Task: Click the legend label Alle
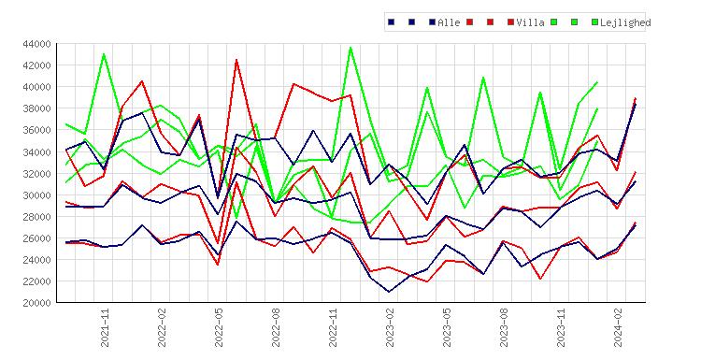(449, 22)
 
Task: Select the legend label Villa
(530, 22)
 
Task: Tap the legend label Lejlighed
(625, 22)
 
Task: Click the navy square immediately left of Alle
(432, 22)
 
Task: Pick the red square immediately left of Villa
(510, 22)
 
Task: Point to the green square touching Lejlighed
(594, 22)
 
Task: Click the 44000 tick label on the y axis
(36, 44)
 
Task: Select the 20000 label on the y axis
(36, 303)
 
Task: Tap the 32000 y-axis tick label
(36, 174)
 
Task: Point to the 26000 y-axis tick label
(36, 238)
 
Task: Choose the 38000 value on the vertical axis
(36, 108)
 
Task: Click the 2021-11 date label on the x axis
(105, 327)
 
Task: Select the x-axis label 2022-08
(276, 327)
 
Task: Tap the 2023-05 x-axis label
(447, 327)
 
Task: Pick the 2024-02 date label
(619, 327)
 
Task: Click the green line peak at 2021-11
(104, 54)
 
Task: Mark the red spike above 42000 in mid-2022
(236, 60)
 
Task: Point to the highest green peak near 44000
(350, 48)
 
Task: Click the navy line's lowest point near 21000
(389, 292)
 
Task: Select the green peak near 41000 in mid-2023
(483, 78)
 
